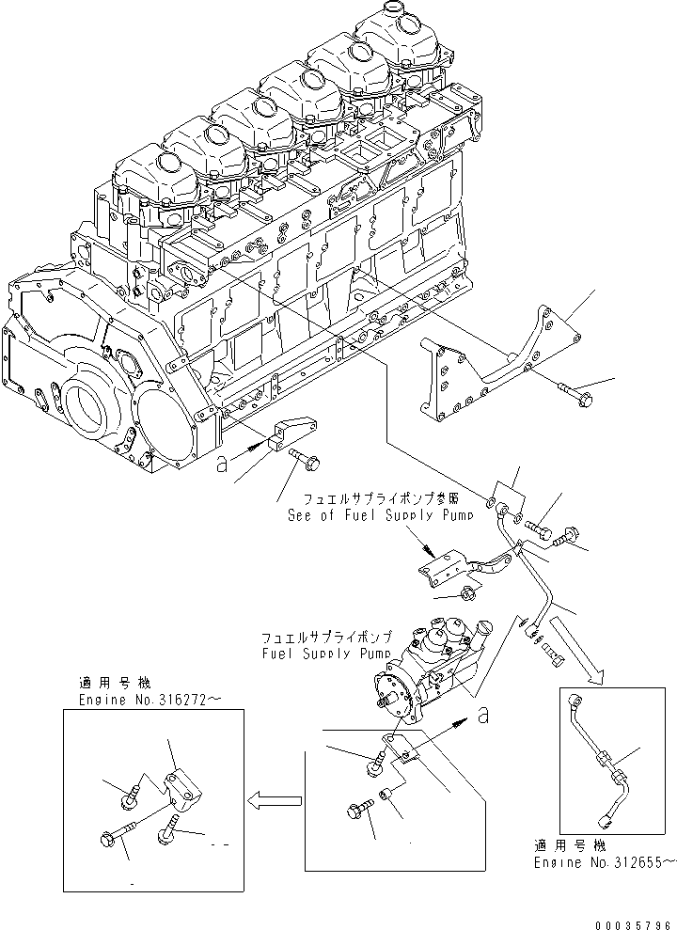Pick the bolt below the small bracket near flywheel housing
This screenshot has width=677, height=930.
[x=307, y=460]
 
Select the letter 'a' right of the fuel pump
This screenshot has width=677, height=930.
[x=482, y=716]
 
